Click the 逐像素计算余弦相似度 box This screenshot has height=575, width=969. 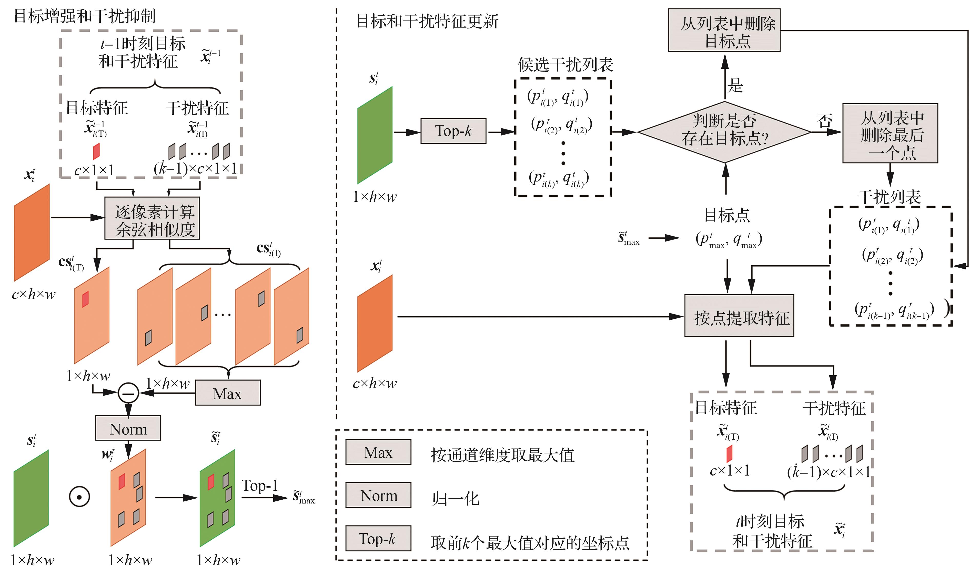(x=152, y=218)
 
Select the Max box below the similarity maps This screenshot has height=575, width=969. (x=227, y=393)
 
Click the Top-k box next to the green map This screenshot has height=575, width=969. (x=453, y=131)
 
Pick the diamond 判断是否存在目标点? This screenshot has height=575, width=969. (x=724, y=132)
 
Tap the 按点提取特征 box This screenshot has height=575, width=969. (x=739, y=316)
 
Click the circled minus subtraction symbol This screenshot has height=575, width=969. (x=128, y=393)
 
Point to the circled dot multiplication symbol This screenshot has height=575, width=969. (x=79, y=497)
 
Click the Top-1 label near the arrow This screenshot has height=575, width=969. (x=260, y=486)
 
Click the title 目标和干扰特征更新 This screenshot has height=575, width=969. (x=427, y=21)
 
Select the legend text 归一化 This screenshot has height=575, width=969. (x=456, y=499)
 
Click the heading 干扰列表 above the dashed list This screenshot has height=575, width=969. (x=889, y=197)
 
